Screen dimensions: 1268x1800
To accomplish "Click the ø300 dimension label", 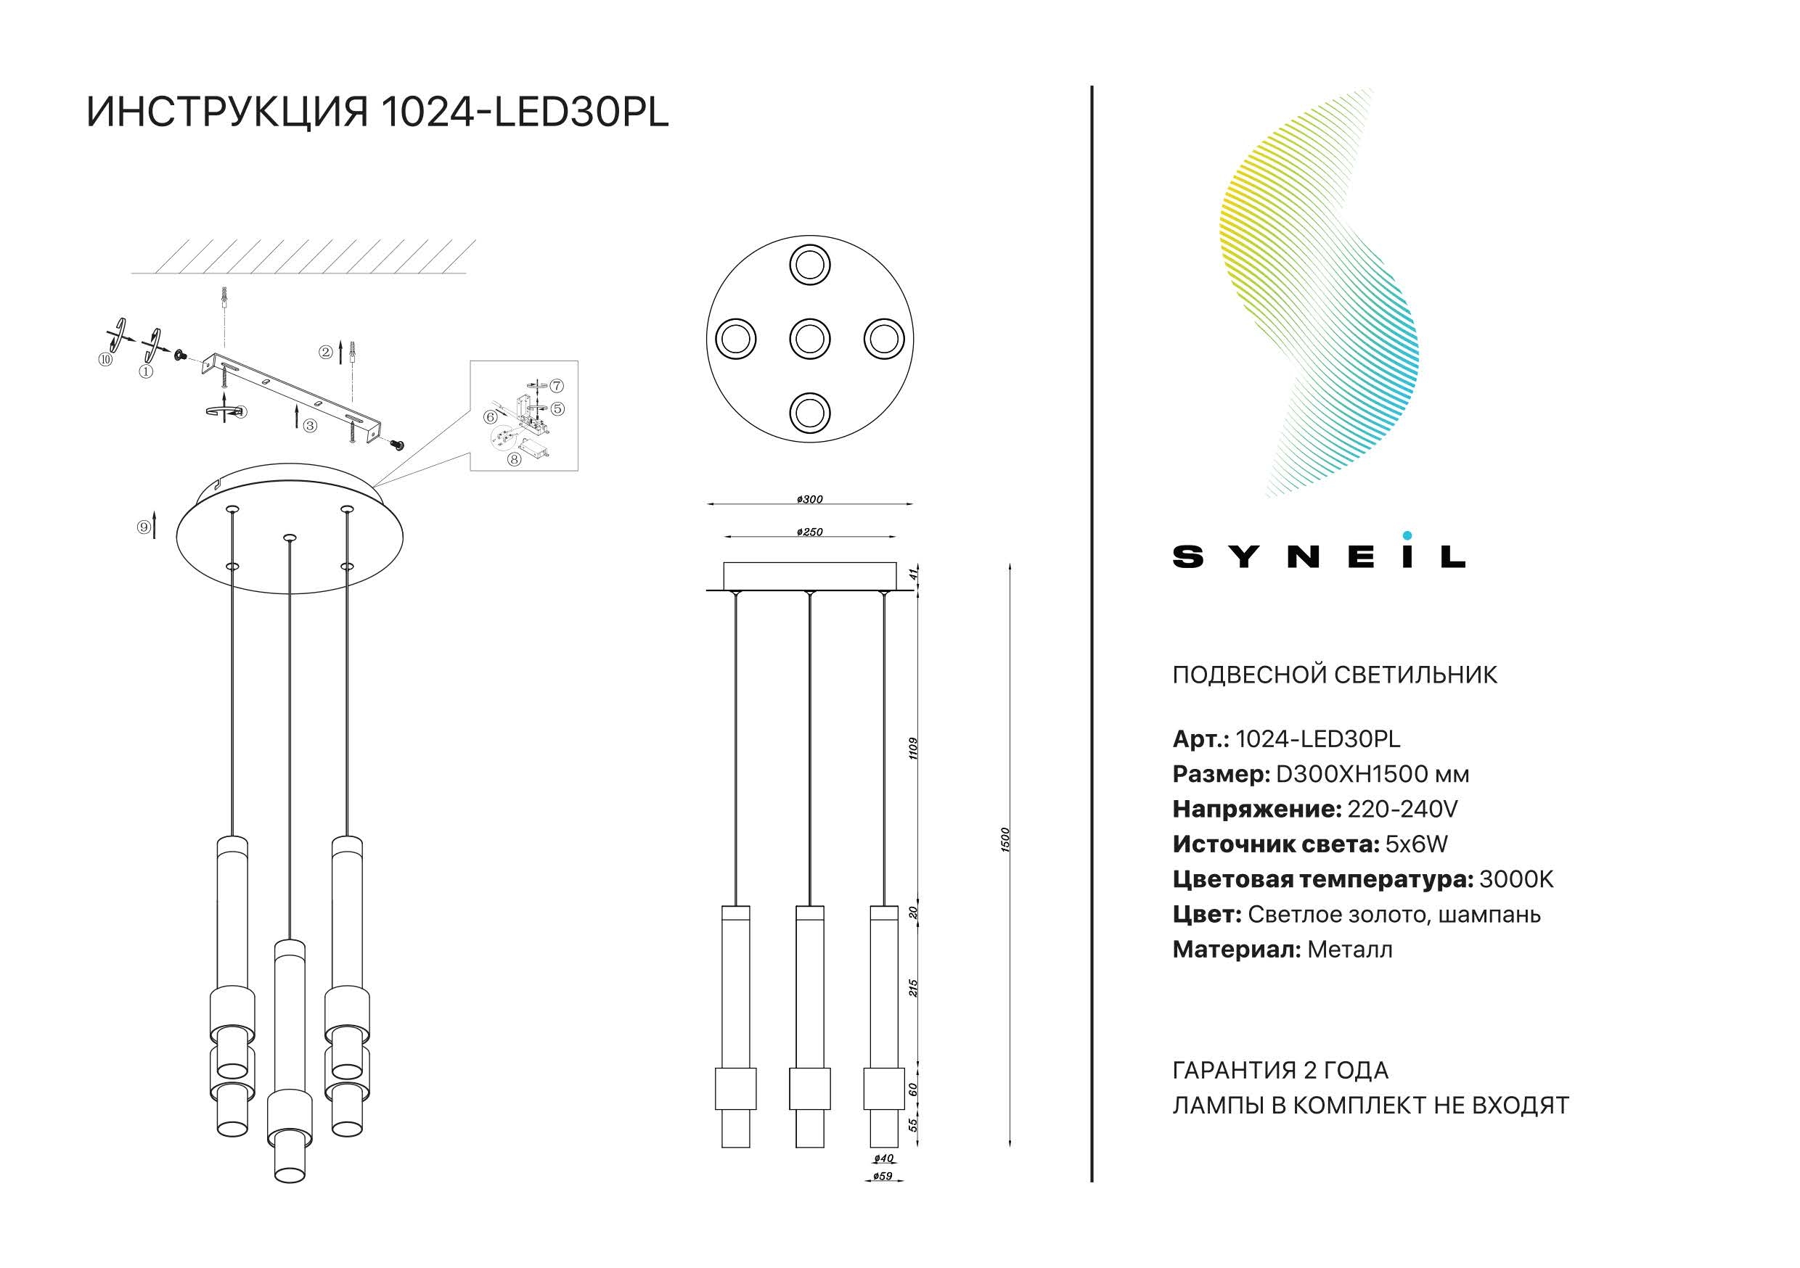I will pyautogui.click(x=809, y=499).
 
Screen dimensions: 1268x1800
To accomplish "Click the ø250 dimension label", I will pyautogui.click(x=809, y=532).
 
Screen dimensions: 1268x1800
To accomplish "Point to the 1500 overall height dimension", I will pyautogui.click(x=1006, y=839).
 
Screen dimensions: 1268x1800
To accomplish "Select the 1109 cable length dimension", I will pyautogui.click(x=912, y=748).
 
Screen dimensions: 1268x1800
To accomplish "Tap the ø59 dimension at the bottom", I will pyautogui.click(x=883, y=1177).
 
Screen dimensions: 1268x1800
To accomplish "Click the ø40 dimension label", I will pyautogui.click(x=883, y=1158).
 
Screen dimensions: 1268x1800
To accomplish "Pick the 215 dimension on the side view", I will pyautogui.click(x=912, y=987).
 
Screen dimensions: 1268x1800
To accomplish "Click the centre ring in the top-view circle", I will pyautogui.click(x=809, y=339).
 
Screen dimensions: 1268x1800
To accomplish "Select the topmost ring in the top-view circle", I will pyautogui.click(x=809, y=265).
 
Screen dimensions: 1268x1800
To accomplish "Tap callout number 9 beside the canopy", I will pyautogui.click(x=144, y=527).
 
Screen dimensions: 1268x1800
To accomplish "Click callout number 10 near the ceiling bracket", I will pyautogui.click(x=106, y=360).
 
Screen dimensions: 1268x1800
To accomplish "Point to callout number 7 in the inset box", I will pyautogui.click(x=556, y=386).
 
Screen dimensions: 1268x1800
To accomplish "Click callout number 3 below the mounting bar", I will pyautogui.click(x=311, y=426).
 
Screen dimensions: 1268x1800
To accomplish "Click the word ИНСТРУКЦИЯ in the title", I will pyautogui.click(x=227, y=112).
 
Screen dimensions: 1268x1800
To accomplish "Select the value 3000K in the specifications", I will pyautogui.click(x=1515, y=879).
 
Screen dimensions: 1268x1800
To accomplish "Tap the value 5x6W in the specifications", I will pyautogui.click(x=1416, y=844).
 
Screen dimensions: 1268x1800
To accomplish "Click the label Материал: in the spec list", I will pyautogui.click(x=1236, y=950).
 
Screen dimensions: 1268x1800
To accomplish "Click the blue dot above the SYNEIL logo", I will pyautogui.click(x=1407, y=536).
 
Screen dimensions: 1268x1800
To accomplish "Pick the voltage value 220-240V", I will pyautogui.click(x=1402, y=809).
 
